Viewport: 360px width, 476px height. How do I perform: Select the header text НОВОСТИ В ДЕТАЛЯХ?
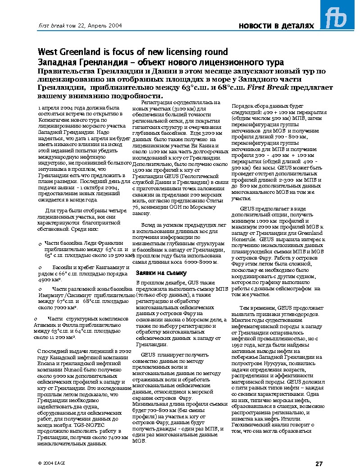(276, 26)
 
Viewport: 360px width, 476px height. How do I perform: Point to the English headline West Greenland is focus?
(133, 52)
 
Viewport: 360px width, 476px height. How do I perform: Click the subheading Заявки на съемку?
(155, 273)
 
